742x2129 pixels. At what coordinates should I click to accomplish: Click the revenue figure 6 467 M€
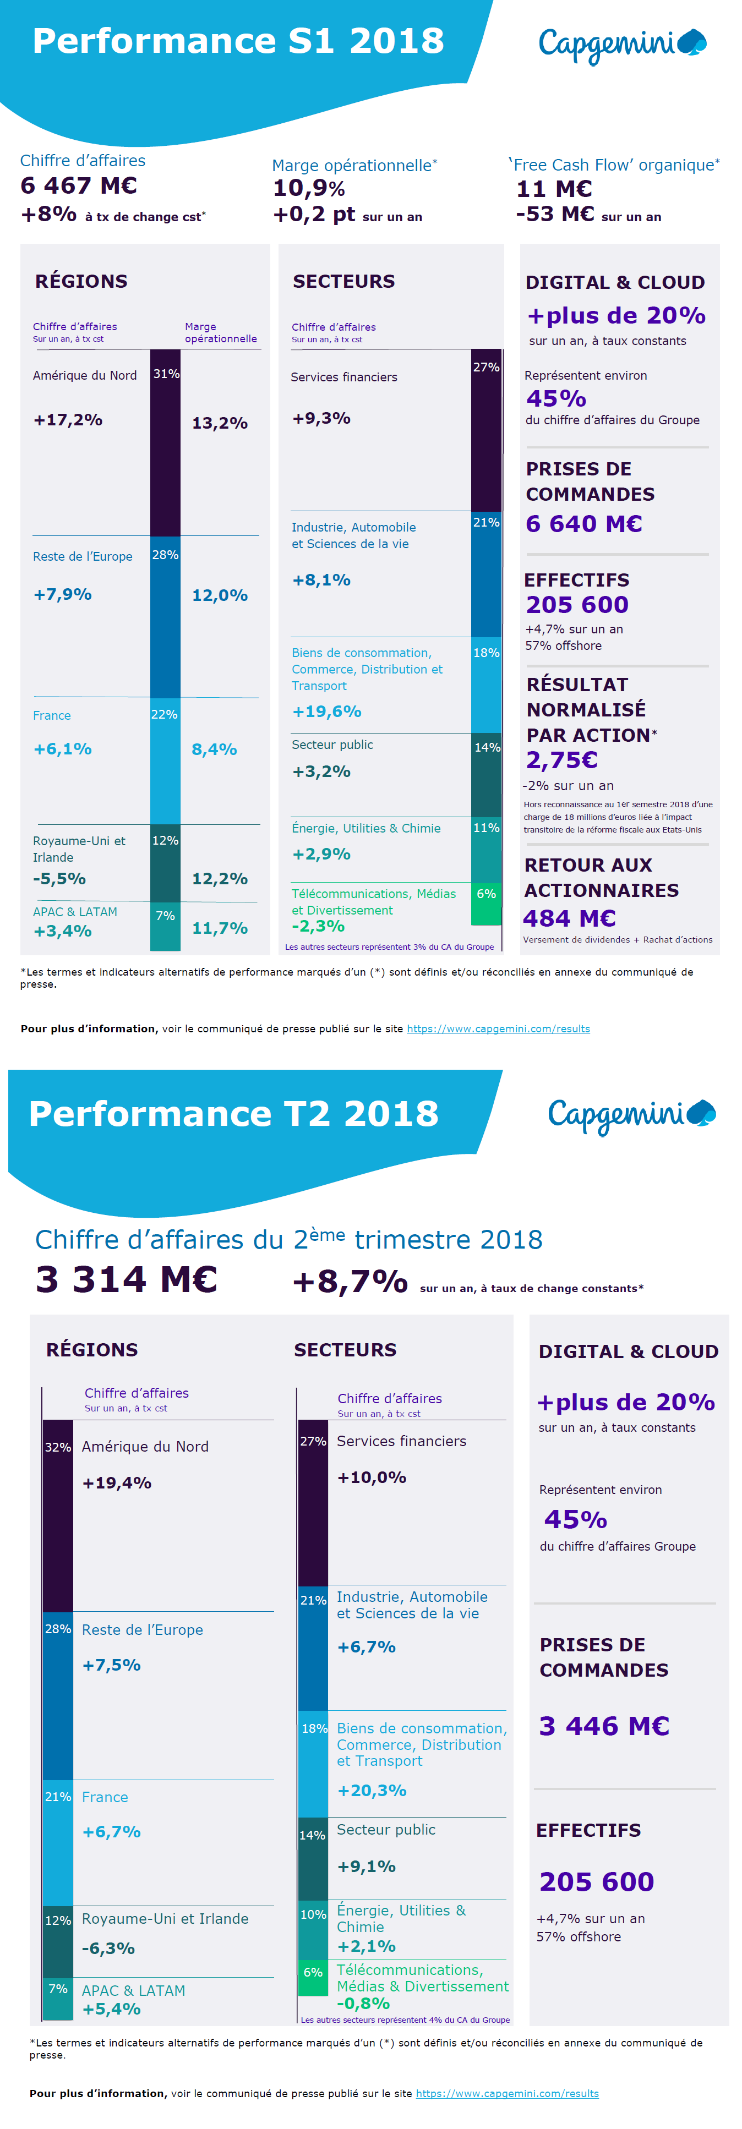79,185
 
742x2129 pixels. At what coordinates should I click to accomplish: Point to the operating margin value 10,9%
309,188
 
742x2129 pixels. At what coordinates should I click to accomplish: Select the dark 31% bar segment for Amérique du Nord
165,442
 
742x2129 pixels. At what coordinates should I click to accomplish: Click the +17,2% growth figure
68,420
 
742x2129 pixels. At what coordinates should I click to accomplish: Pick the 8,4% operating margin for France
214,749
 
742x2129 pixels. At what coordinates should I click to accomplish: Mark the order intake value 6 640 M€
583,524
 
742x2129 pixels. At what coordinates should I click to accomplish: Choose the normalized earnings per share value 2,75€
562,759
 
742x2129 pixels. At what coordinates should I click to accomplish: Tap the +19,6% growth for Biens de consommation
326,712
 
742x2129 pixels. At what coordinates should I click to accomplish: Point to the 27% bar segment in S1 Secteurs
486,430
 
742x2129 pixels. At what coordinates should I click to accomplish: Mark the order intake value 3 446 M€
604,1726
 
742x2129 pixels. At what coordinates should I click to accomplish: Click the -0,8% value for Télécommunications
363,2004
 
